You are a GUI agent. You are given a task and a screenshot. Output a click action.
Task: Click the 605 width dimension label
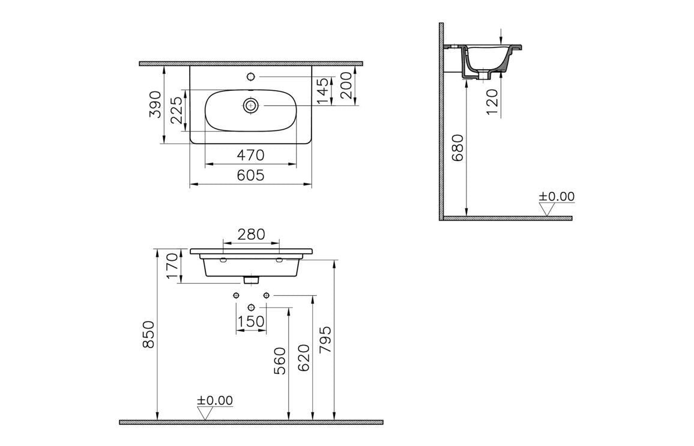(250, 175)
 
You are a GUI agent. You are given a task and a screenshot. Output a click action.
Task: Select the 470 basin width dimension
(250, 155)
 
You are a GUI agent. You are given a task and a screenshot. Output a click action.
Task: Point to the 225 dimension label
(177, 111)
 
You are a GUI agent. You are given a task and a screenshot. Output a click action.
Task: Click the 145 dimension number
(324, 91)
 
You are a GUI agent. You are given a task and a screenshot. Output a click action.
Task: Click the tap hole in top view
(251, 77)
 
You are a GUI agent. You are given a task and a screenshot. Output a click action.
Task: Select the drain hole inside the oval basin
(251, 106)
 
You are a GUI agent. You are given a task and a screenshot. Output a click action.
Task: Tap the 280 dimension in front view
(251, 234)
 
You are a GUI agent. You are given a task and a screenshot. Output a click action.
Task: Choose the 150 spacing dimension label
(251, 322)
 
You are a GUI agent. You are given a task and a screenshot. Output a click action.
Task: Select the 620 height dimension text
(303, 357)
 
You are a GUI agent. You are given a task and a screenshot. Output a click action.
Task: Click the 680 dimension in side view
(458, 148)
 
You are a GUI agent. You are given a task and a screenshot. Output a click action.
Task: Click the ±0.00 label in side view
(556, 197)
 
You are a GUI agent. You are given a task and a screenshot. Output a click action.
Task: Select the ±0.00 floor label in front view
(214, 400)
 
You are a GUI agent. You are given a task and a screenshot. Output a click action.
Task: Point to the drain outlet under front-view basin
(251, 280)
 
